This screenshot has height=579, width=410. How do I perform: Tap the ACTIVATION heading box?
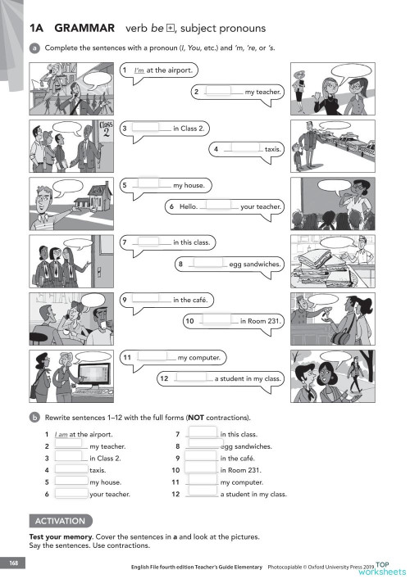pos(60,520)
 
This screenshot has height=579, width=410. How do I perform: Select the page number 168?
pos(13,563)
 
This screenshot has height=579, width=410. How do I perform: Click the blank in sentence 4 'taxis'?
pos(240,149)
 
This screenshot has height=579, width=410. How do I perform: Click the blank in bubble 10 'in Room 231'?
pos(216,321)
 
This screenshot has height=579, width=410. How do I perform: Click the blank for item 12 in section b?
pos(203,494)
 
